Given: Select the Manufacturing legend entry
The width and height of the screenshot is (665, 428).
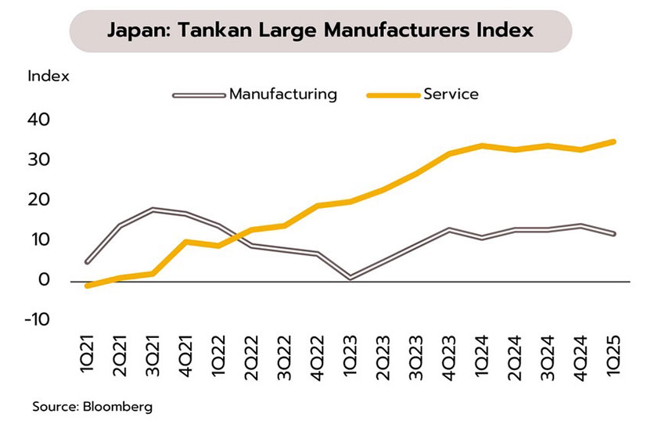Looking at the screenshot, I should (282, 95).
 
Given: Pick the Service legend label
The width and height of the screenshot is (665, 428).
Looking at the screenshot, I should (451, 95).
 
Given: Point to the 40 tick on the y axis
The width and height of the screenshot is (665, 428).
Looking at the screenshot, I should (40, 120).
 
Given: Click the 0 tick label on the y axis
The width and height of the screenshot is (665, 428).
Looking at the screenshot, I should (45, 280).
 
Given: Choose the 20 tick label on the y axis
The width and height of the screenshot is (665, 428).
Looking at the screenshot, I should (40, 200).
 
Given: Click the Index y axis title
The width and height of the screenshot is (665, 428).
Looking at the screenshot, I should (49, 77).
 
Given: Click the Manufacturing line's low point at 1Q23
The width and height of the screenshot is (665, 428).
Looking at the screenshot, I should (349, 277).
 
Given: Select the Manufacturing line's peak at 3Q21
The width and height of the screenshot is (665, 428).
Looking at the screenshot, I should (152, 210).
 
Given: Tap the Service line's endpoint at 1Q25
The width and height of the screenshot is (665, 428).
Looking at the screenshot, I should (613, 142).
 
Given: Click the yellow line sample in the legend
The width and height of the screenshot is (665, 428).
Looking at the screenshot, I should (390, 95).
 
